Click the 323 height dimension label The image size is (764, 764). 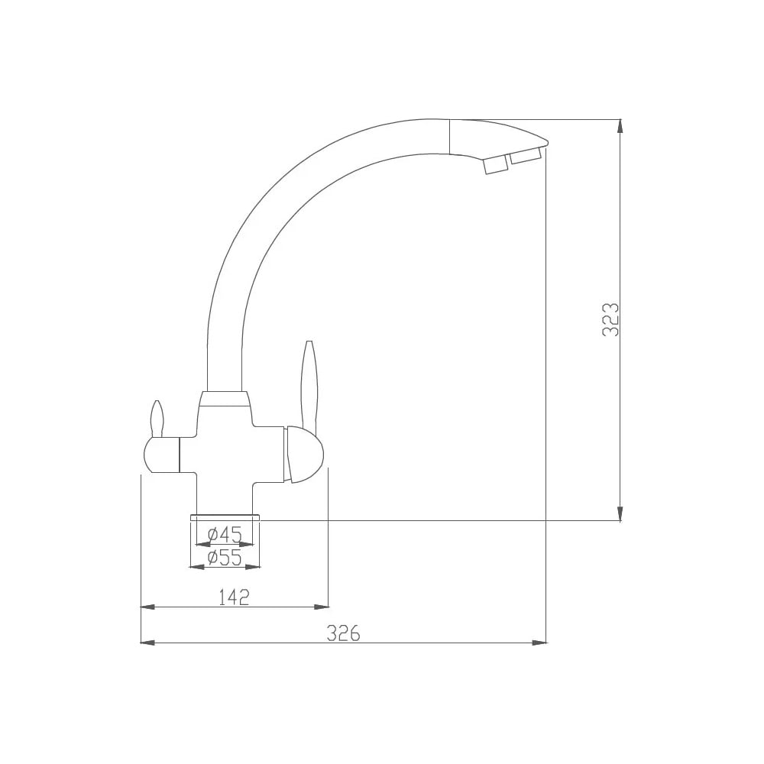[x=610, y=319]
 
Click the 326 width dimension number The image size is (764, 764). [x=344, y=633]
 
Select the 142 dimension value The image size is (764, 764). [x=234, y=597]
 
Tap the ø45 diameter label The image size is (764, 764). [x=225, y=535]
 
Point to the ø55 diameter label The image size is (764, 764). [x=225, y=558]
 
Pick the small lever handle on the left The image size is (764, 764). [x=157, y=418]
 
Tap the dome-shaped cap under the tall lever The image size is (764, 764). [x=304, y=455]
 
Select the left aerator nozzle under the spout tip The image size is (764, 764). [x=496, y=166]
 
